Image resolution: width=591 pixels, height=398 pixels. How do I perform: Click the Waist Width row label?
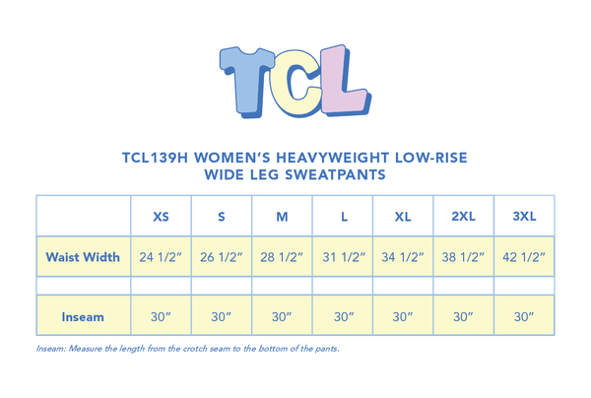[x=83, y=258]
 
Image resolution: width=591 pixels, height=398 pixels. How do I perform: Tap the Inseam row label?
[x=83, y=317]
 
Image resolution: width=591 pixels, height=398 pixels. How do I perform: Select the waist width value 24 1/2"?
[x=161, y=258]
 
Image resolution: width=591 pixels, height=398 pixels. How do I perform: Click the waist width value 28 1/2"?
[x=282, y=258]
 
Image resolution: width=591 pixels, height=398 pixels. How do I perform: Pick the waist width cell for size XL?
[x=402, y=258]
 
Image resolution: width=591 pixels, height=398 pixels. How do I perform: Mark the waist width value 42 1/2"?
[x=524, y=258]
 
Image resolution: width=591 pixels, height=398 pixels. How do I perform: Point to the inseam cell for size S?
[x=221, y=317]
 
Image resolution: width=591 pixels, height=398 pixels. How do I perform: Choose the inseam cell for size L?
[x=342, y=317]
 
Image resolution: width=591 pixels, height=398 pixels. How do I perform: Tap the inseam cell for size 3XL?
[x=524, y=317]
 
